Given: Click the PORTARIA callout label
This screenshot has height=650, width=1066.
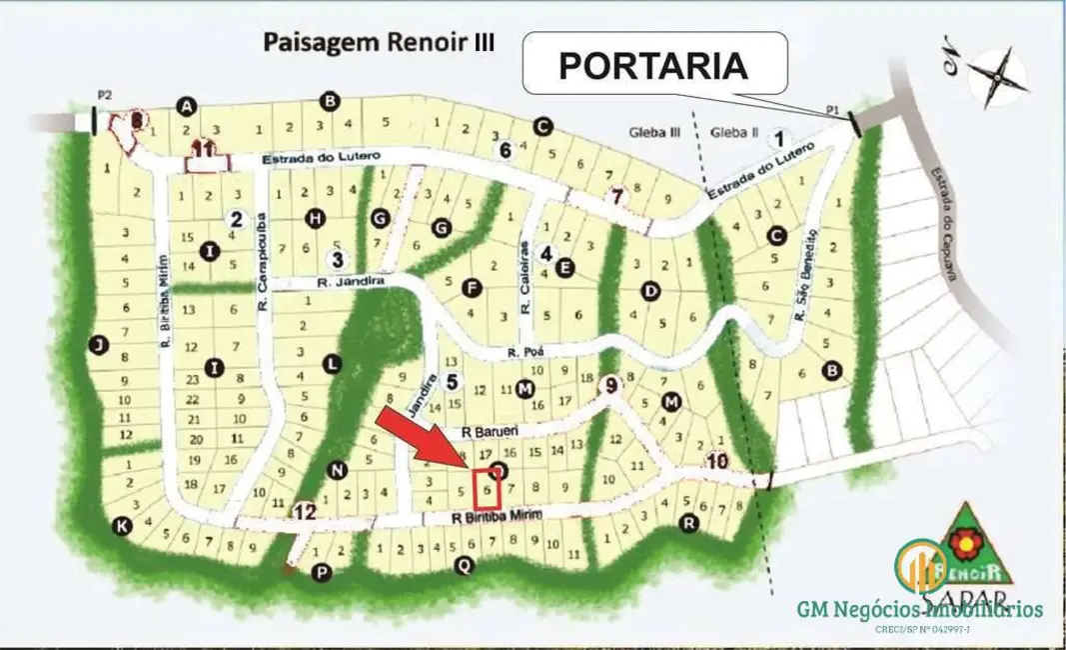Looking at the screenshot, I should pos(653,65).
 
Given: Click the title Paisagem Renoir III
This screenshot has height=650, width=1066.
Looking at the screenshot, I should pos(379,43).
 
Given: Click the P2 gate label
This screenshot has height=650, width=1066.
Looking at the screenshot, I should pos(104,95).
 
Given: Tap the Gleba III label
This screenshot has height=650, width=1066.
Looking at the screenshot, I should pos(654,132).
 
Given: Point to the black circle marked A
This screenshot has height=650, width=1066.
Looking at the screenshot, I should pos(185,105).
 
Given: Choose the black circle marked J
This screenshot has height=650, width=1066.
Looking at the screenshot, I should pos(97,345).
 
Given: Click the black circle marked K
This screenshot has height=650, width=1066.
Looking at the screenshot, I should pos(122,525).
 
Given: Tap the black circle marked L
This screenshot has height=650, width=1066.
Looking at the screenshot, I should pos(333,364).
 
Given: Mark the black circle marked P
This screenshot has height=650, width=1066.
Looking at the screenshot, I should pos(321,572).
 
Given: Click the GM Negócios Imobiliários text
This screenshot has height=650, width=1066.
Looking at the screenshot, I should pos(918,608).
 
